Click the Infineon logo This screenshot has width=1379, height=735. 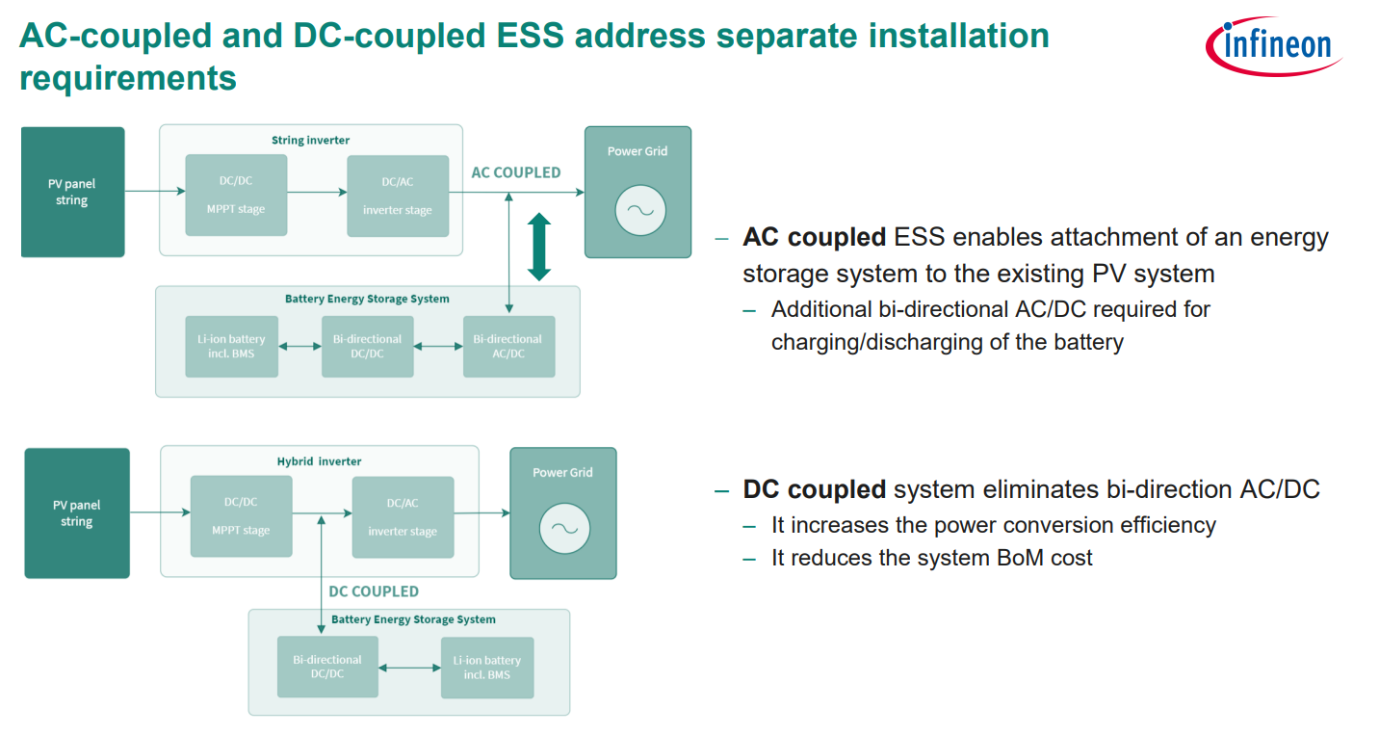pyautogui.click(x=1273, y=44)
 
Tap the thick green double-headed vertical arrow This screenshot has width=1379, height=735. pyautogui.click(x=539, y=247)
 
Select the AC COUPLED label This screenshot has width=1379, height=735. pyautogui.click(x=515, y=172)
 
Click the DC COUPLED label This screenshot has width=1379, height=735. pyautogui.click(x=374, y=591)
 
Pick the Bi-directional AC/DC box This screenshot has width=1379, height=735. pyautogui.click(x=508, y=346)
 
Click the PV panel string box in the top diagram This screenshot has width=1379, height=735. pyautogui.click(x=72, y=192)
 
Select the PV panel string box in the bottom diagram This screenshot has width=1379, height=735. pyautogui.click(x=77, y=512)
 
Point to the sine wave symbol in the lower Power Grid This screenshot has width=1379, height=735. pyautogui.click(x=564, y=527)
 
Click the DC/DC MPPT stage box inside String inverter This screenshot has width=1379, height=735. pyautogui.click(x=236, y=195)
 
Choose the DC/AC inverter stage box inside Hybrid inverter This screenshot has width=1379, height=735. pyautogui.click(x=403, y=517)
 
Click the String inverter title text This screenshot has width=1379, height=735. pyautogui.click(x=310, y=141)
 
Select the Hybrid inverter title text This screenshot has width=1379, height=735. pyautogui.click(x=319, y=461)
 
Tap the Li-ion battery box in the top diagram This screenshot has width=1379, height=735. pyautogui.click(x=231, y=346)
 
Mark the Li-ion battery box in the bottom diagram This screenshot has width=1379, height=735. pyautogui.click(x=486, y=667)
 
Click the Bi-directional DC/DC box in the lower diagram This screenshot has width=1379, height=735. pyautogui.click(x=326, y=667)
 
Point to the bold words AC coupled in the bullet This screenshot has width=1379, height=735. pyautogui.click(x=814, y=238)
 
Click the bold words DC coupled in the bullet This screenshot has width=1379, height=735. pyautogui.click(x=814, y=489)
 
